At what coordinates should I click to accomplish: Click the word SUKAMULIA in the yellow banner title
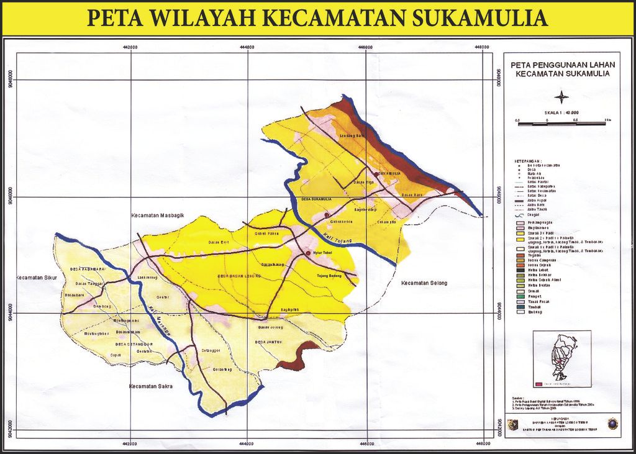point(477,17)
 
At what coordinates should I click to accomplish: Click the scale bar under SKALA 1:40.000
point(561,124)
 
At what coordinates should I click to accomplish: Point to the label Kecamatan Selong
point(424,283)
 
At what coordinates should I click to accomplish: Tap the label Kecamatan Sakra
point(150,386)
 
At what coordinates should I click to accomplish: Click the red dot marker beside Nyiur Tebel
point(307,253)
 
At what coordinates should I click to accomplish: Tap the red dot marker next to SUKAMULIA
point(376,173)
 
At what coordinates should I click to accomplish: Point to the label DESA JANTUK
point(268,342)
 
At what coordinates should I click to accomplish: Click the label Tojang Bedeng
point(330,275)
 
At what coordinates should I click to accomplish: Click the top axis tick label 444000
point(247,47)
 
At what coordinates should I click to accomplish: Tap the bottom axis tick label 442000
point(130,443)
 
